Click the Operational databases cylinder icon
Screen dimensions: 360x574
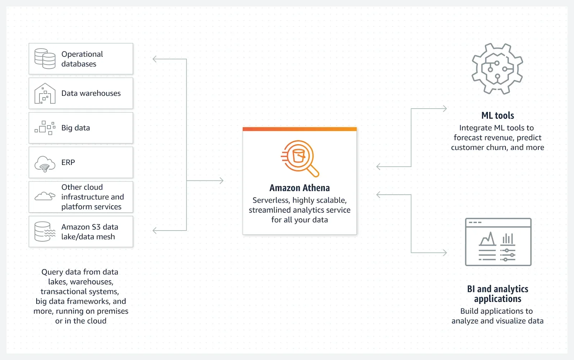(45, 58)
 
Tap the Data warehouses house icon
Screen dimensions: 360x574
(45, 93)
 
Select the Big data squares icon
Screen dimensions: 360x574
(45, 128)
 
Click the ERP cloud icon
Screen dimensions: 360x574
(45, 164)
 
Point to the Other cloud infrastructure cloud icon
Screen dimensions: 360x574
(45, 196)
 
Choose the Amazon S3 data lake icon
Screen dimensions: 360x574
(45, 231)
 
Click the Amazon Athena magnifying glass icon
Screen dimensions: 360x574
(300, 158)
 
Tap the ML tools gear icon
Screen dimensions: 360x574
(497, 69)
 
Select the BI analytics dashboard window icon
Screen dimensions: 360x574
(498, 242)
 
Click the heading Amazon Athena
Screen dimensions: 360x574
(300, 188)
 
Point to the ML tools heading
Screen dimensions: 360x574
(498, 115)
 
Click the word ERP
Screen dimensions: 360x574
(68, 162)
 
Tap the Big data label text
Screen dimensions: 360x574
(76, 128)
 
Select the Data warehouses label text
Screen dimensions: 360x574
(91, 93)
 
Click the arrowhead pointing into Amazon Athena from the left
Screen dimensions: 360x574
(221, 180)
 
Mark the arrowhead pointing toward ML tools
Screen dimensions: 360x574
(445, 108)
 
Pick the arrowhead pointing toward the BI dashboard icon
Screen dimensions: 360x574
(445, 253)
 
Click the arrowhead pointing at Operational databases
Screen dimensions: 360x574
(155, 59)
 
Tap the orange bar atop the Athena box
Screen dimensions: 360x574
(300, 129)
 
